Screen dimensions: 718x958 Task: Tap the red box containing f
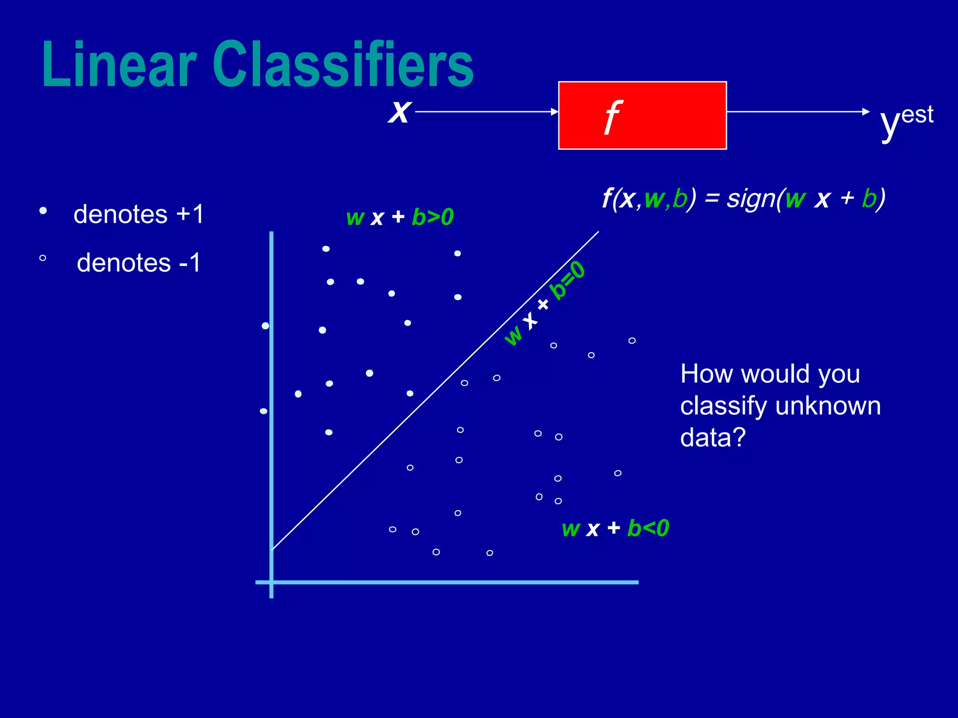click(642, 115)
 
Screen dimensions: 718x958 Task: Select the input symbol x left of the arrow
click(399, 112)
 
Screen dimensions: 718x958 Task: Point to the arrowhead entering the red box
click(555, 112)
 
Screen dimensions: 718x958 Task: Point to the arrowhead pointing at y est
click(866, 112)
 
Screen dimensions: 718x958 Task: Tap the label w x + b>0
click(399, 217)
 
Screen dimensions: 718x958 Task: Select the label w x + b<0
click(615, 528)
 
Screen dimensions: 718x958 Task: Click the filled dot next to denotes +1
click(43, 211)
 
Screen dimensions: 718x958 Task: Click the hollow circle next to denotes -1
click(43, 258)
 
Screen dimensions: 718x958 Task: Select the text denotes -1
click(139, 263)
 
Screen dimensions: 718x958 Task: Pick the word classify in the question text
click(723, 406)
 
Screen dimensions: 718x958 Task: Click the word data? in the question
click(712, 438)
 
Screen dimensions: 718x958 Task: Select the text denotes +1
click(138, 215)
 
